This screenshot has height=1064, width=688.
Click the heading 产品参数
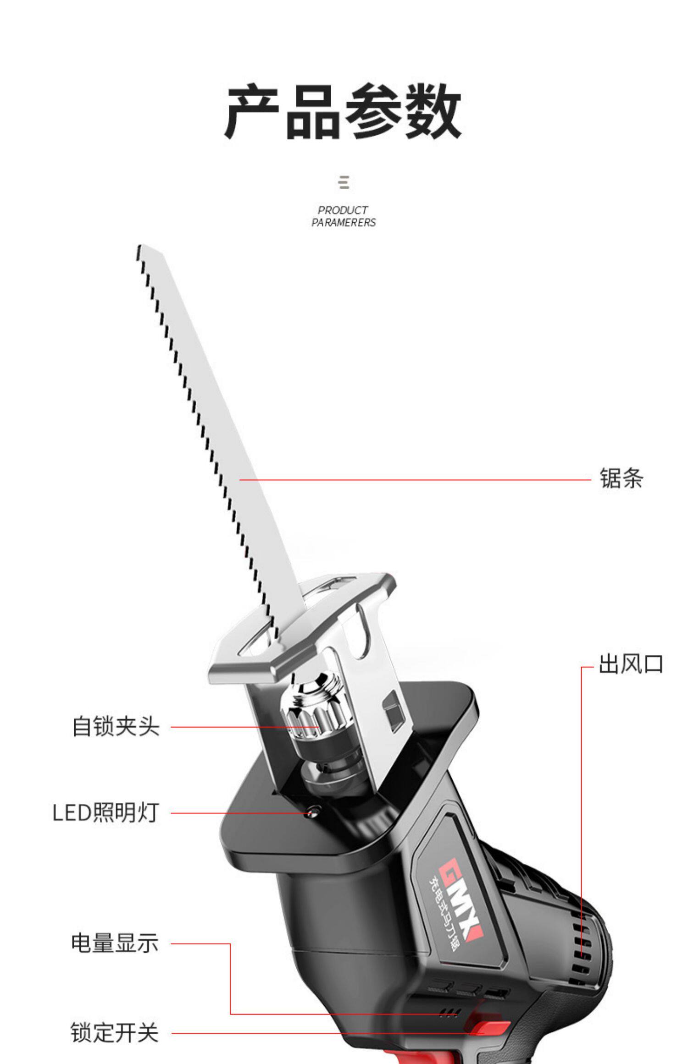[x=343, y=111]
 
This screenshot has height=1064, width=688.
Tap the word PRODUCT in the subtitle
[x=343, y=210]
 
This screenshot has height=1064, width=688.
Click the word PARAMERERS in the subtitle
[x=343, y=223]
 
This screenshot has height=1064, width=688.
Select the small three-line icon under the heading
[x=344, y=182]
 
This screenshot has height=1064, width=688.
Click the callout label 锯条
[x=621, y=478]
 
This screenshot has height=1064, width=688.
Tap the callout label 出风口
[x=631, y=664]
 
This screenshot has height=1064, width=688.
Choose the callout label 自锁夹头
[x=116, y=726]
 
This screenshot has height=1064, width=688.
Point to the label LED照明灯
[x=106, y=813]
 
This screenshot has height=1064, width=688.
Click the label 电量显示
[x=115, y=943]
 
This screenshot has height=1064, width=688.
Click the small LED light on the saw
[x=314, y=813]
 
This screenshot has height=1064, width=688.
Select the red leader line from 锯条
[x=413, y=480]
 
